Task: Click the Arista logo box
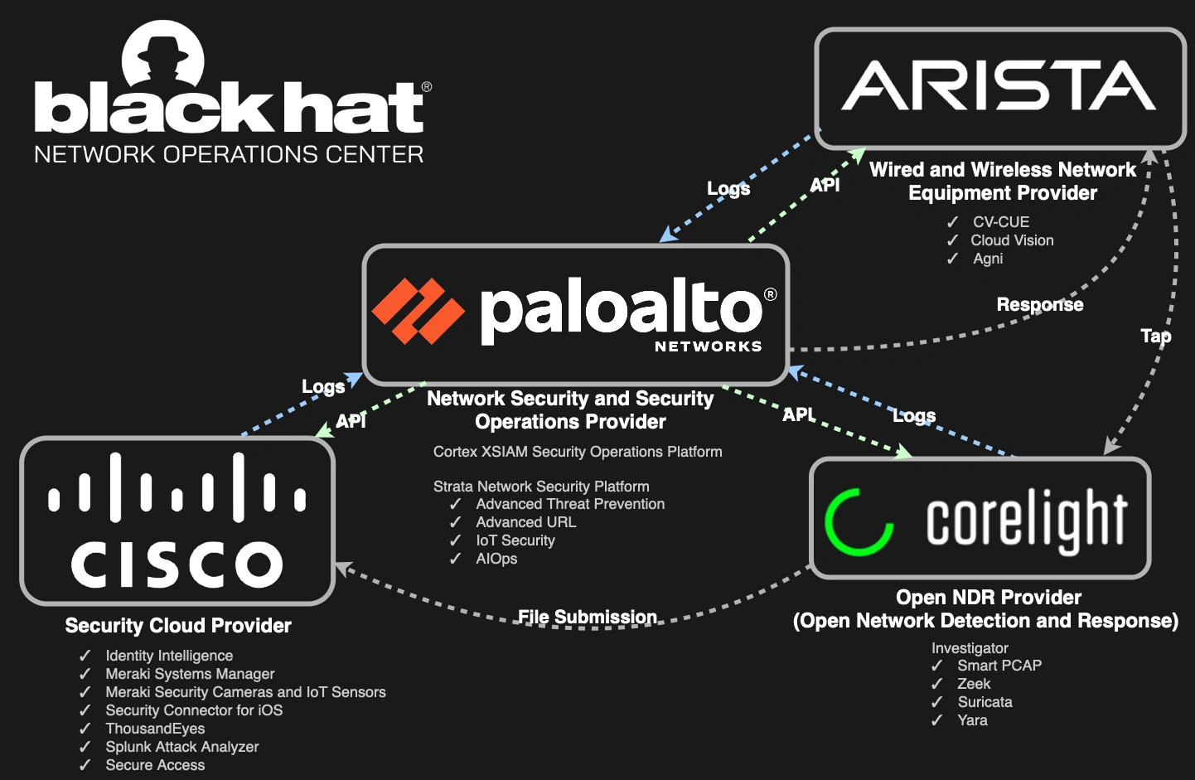1001,88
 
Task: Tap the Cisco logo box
177,521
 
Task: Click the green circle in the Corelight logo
859,521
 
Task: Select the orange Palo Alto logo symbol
418,311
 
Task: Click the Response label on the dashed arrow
1039,305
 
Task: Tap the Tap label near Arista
1155,336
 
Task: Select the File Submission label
587,618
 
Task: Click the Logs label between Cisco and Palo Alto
323,387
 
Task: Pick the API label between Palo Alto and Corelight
798,414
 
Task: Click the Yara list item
972,720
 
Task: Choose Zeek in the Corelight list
974,684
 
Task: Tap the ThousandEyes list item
155,729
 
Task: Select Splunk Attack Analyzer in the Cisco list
181,747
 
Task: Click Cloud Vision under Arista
1012,240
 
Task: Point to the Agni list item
988,259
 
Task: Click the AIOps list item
496,559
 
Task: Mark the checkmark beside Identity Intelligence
85,656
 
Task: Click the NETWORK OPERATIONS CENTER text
229,155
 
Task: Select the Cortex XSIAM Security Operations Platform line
578,452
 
